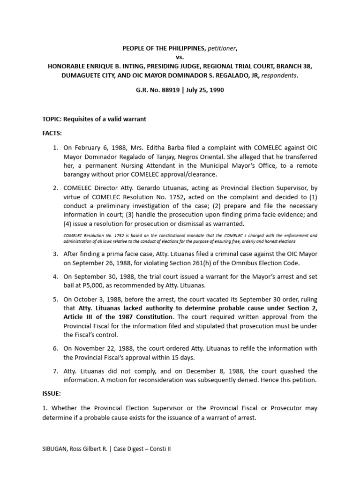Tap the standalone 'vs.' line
pyautogui.click(x=180, y=57)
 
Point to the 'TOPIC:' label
pyautogui.click(x=52, y=119)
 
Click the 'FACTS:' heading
pyautogui.click(x=52, y=133)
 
